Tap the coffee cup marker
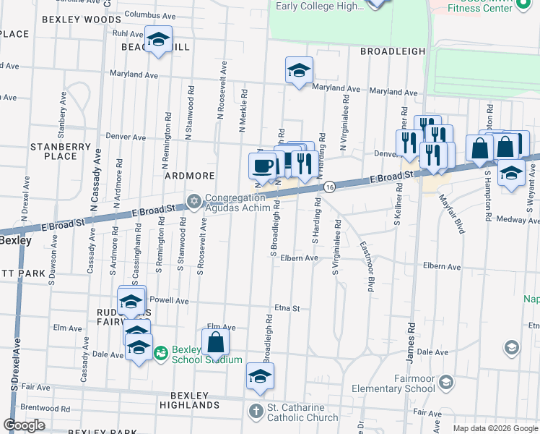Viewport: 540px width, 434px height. click(x=262, y=166)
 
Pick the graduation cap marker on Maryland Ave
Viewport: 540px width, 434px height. click(x=298, y=70)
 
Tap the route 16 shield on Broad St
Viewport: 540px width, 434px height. click(x=328, y=187)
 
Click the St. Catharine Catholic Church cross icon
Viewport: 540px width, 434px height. click(x=256, y=412)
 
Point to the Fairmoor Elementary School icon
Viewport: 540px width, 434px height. click(x=446, y=381)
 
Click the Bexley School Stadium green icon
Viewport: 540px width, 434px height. click(x=160, y=352)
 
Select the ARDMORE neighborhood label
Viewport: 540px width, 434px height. click(x=189, y=176)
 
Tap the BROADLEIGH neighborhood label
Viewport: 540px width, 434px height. click(x=389, y=52)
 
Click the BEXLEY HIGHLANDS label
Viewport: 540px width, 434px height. click(x=194, y=400)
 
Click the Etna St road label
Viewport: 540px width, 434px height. click(x=287, y=308)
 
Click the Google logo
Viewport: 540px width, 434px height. click(x=25, y=425)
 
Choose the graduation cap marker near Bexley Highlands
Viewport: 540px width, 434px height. click(x=260, y=375)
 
